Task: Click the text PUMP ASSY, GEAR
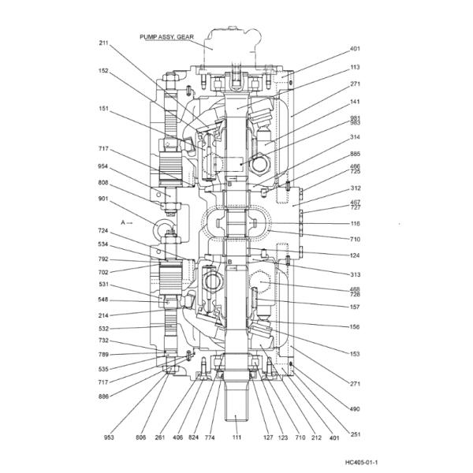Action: tap(166, 37)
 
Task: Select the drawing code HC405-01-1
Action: tap(361, 463)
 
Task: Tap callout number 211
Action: tap(103, 43)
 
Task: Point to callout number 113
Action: tap(356, 67)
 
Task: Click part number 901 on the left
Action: tap(103, 199)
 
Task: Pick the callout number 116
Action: tap(356, 224)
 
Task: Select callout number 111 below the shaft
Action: tap(236, 437)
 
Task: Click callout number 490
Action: tap(355, 409)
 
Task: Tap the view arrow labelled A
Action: tap(127, 222)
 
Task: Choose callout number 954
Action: tap(103, 166)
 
